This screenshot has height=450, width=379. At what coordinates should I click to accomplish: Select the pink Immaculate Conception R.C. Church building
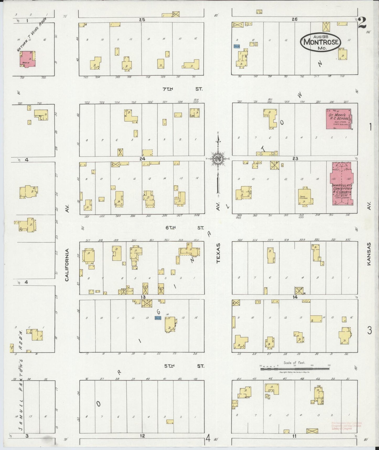[x=342, y=184]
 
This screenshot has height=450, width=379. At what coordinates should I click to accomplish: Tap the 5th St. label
[x=184, y=366]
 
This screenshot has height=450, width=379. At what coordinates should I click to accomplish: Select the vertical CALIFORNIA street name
[x=67, y=265]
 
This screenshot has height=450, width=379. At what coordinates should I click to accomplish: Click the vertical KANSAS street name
[x=369, y=254]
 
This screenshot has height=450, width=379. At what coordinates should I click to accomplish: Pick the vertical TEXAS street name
[x=218, y=253]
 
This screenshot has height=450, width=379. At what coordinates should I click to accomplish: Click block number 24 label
[x=142, y=159]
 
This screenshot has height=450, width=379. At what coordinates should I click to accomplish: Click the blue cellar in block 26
[x=237, y=46]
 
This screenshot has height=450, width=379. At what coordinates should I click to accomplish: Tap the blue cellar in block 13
[x=158, y=318]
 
